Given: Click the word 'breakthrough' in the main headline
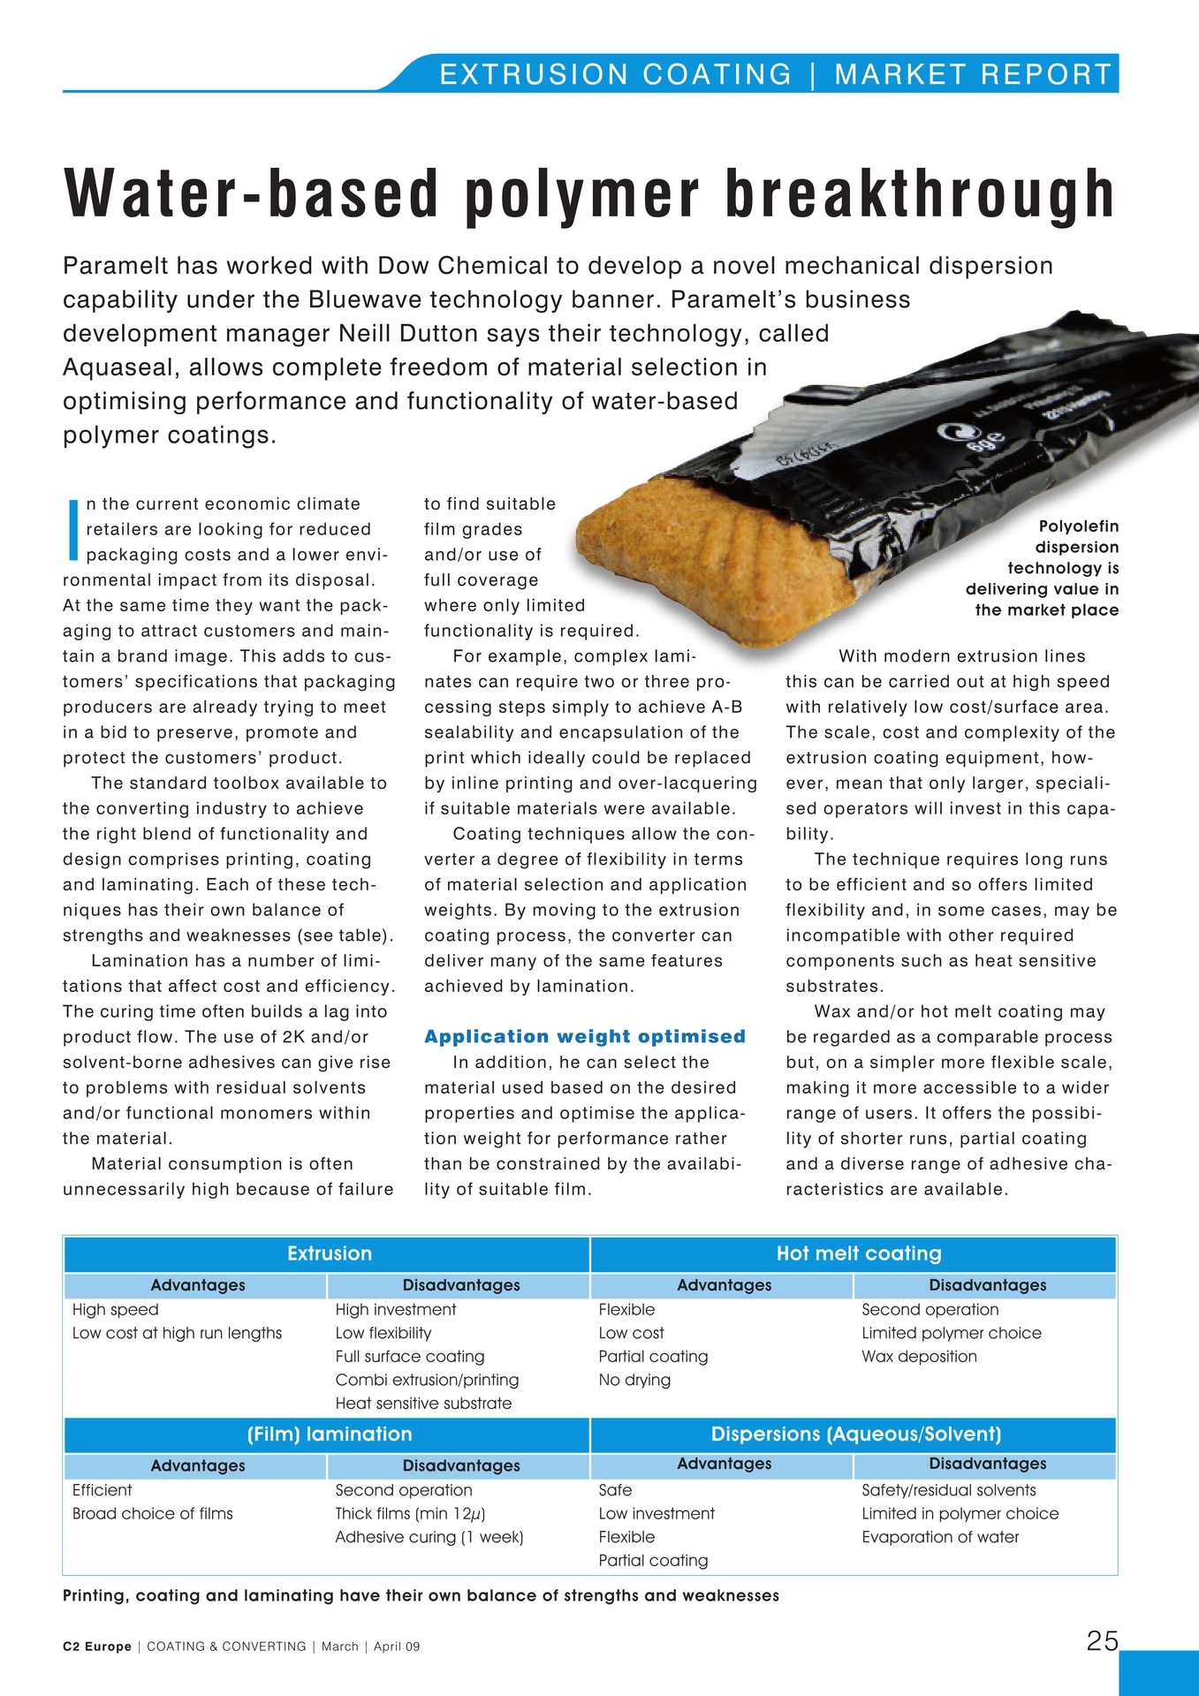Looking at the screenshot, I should coord(919,194).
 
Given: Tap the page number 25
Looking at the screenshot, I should coord(1102,1640).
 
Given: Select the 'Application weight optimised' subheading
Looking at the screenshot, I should coord(584,1036).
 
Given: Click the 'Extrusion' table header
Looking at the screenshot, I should coord(329,1253).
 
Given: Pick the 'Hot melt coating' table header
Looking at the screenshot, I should coord(858,1253).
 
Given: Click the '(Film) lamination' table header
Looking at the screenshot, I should coord(329,1434).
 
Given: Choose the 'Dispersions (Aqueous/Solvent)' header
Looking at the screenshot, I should coord(855,1434).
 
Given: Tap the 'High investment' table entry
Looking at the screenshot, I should coord(395,1309).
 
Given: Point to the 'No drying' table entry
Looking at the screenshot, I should coord(634,1380).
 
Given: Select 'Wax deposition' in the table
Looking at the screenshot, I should coord(919,1356).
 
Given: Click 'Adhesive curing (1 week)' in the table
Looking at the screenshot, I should coord(429,1537).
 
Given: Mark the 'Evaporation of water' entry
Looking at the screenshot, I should coord(940,1537).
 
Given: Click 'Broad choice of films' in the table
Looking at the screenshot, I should coord(152,1513).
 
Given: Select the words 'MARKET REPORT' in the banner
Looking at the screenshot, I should coord(972,74).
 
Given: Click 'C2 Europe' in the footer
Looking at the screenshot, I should coord(96,1647).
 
